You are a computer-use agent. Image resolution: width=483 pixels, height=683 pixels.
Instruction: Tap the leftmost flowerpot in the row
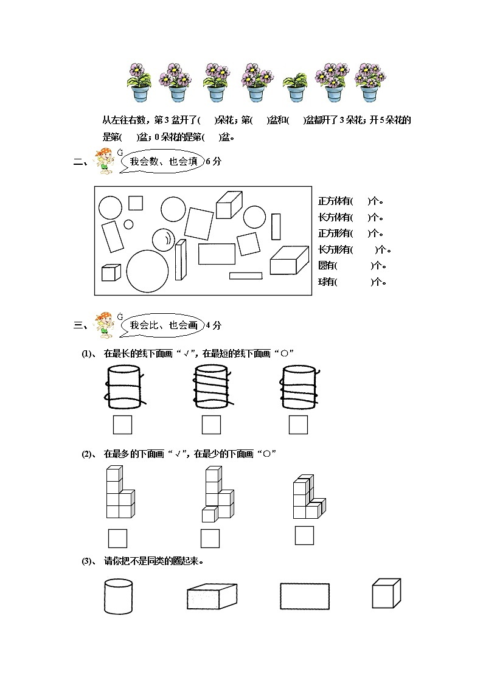139,82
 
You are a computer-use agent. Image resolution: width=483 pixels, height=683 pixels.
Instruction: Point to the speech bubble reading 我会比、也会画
162,325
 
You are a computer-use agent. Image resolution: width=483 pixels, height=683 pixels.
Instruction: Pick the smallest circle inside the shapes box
128,224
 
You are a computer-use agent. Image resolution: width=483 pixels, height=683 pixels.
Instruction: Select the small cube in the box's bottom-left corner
111,272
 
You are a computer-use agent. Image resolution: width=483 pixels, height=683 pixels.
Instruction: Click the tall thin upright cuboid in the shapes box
180,260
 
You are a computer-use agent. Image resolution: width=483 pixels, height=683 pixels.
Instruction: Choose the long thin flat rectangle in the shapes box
246,276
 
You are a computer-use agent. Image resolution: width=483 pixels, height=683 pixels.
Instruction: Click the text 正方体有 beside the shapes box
334,201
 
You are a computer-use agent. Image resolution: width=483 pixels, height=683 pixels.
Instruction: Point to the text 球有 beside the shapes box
327,282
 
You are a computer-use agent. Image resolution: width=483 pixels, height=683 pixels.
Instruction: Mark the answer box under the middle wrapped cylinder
211,425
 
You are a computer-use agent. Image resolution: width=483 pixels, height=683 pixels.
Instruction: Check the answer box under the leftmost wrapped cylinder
123,425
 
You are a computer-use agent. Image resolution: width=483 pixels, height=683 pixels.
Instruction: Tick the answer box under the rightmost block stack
304,535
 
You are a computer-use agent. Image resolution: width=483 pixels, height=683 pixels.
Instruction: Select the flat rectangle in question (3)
304,596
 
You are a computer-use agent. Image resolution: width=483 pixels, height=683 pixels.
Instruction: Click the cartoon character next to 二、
105,162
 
